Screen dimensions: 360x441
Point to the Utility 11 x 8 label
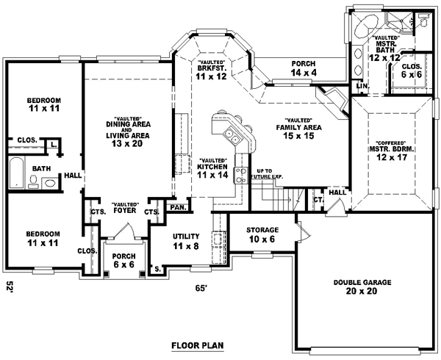[x=187, y=241]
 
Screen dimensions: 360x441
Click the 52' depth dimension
[x=10, y=287]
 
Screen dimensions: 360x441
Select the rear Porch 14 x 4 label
[x=304, y=68]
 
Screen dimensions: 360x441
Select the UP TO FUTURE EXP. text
[x=268, y=173]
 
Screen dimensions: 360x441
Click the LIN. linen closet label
[x=360, y=87]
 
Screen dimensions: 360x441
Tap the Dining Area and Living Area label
[x=123, y=133]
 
